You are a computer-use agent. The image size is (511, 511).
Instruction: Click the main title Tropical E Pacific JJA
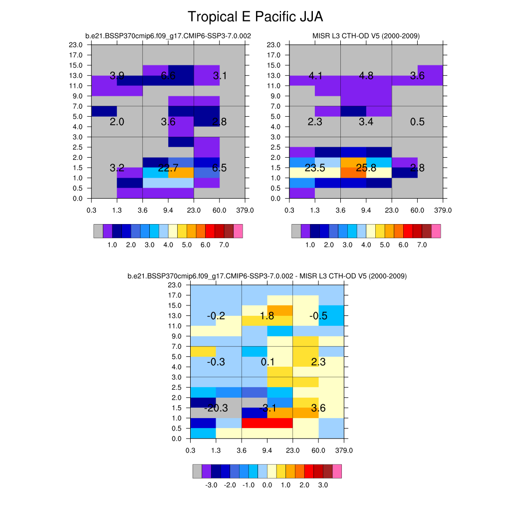pos(255,17)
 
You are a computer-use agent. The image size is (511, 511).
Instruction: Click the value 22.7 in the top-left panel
pos(168,168)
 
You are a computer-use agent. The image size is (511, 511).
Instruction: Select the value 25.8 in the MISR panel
pos(366,168)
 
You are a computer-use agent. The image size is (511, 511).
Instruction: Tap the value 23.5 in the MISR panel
pos(315,168)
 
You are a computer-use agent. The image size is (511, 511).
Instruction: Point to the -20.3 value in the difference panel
pos(216,408)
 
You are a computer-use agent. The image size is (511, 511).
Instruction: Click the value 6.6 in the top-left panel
pos(168,76)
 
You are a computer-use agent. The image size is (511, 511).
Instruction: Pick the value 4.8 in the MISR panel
pos(366,76)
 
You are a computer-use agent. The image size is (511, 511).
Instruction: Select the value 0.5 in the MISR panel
pos(417,122)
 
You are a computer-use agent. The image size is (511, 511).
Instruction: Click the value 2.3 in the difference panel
pos(318,362)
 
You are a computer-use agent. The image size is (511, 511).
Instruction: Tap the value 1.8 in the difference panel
pos(267,316)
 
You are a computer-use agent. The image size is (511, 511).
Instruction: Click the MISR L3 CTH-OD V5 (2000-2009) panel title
pos(366,36)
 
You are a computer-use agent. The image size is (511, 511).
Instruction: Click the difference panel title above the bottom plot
pos(267,276)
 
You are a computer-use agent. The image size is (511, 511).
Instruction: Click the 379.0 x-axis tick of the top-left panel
pos(245,210)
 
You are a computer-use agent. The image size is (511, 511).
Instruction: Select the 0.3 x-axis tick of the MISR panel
pos(289,210)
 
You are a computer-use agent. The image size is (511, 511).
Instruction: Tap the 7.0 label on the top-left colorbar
pos(224,245)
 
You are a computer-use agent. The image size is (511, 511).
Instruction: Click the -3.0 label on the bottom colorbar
pos(211,485)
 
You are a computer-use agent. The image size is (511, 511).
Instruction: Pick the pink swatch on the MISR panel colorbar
pos(436,231)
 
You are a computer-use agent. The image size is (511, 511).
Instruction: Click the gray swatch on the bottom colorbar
pos(197,471)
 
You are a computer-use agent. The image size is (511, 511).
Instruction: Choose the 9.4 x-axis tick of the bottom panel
pos(267,451)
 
